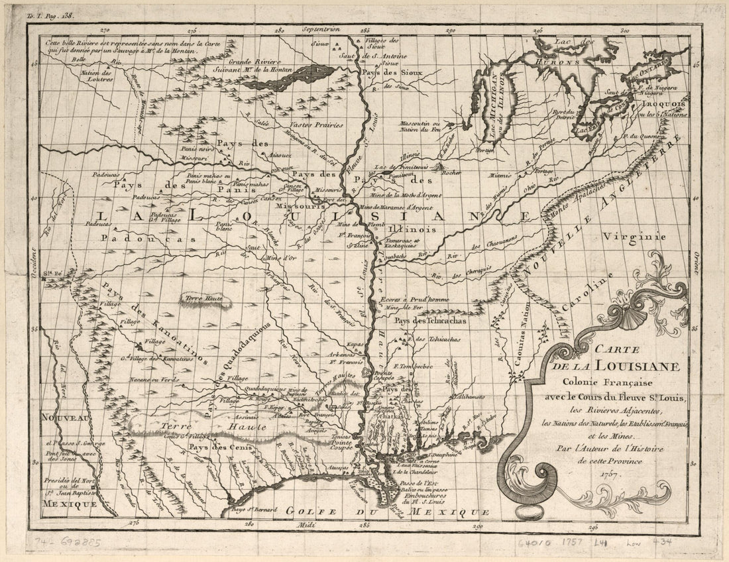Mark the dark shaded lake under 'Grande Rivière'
[289, 76]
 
